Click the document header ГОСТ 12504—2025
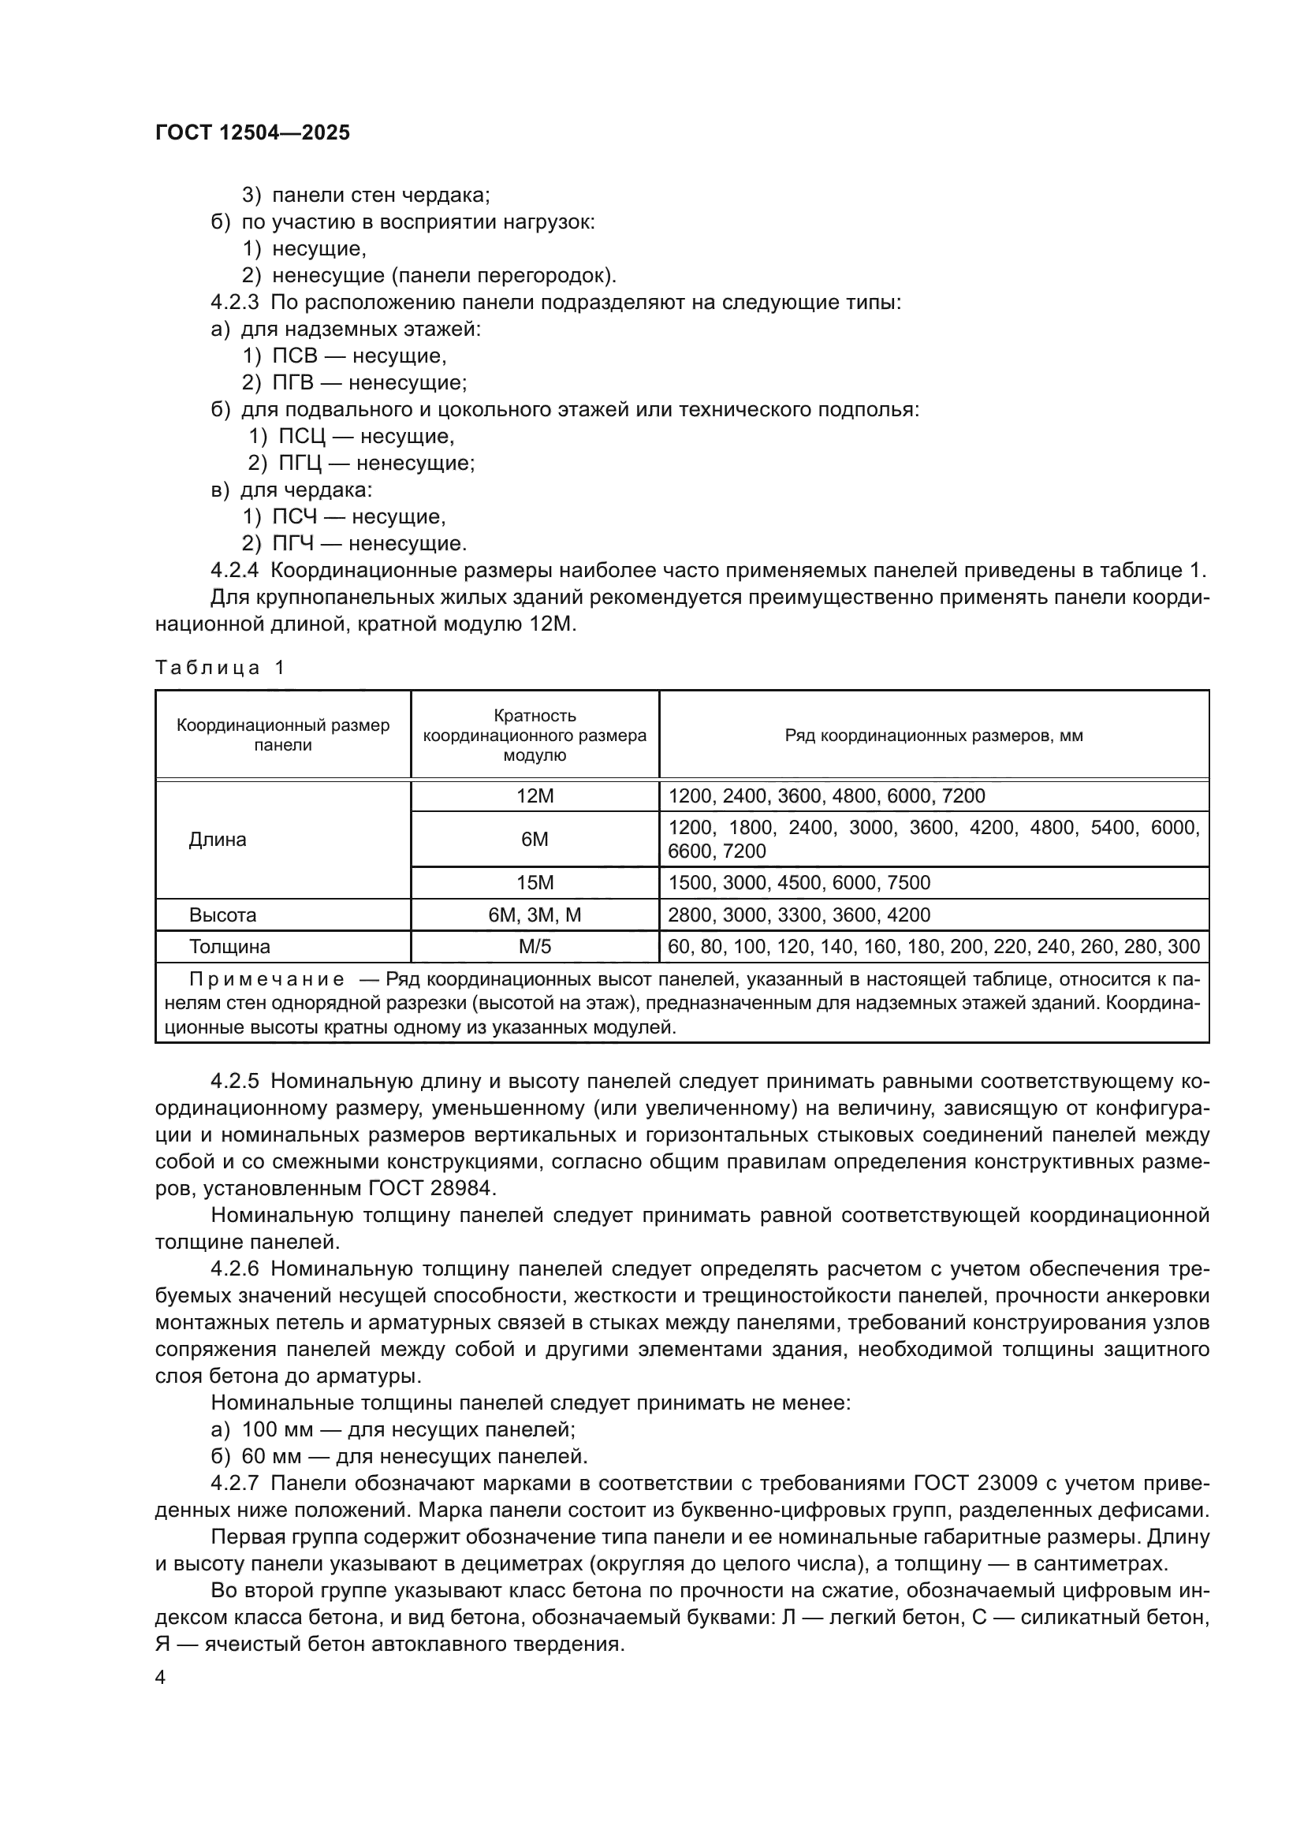tap(253, 132)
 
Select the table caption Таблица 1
tap(220, 668)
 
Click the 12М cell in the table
tap(535, 796)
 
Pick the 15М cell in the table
tap(535, 883)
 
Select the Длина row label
tap(218, 840)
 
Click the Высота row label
tap(222, 915)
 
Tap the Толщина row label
tap(229, 946)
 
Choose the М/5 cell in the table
tap(535, 946)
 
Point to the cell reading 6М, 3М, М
tap(535, 915)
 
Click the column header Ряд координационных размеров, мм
tap(933, 735)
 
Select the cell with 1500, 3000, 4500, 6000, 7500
tap(799, 883)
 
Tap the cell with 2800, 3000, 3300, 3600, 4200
tap(799, 915)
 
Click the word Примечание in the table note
tap(267, 979)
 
